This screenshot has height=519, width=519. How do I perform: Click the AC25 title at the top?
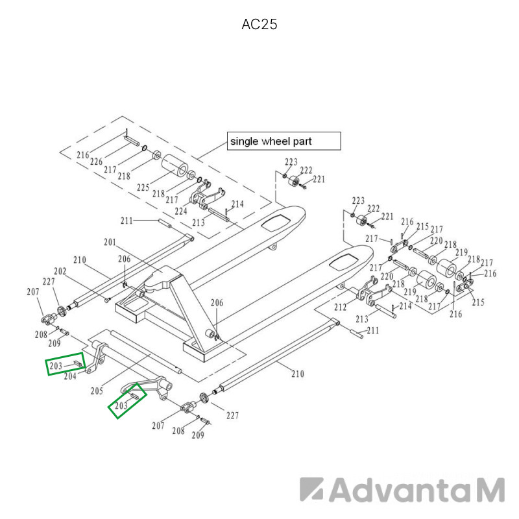coord(259,24)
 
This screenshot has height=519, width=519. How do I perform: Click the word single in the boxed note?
coord(244,141)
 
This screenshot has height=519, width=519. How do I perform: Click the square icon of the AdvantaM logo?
coord(311,489)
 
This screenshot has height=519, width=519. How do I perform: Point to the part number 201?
coord(110,242)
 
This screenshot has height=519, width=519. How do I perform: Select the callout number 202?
coord(60,271)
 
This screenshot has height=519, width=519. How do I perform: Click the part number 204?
coord(70,376)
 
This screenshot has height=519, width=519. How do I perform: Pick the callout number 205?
coord(97,391)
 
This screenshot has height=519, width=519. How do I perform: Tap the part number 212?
coord(340,307)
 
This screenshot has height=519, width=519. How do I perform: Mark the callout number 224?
coord(181,211)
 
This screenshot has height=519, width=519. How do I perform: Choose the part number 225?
coord(143,187)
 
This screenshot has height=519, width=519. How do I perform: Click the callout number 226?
coord(96,162)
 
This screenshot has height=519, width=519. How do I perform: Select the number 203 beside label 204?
coord(56,366)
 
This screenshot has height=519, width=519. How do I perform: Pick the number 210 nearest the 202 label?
coord(79,260)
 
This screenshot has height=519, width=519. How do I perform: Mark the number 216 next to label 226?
coord(83,155)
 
